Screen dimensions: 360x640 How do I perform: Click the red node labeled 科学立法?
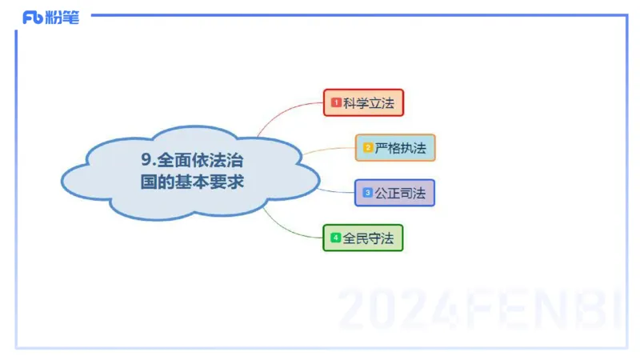pos(364,102)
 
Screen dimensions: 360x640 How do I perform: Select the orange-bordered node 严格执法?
pos(395,147)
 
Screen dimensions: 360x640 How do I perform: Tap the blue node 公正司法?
pos(394,193)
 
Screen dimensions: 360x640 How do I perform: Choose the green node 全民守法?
pos(363,238)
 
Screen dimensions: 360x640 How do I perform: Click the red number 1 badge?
pos(336,102)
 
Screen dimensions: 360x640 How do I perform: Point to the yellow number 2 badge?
pos(368,147)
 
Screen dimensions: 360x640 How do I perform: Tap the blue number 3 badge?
pos(367,193)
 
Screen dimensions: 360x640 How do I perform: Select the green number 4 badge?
pos(336,238)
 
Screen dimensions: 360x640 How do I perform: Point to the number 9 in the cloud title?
pos(146,159)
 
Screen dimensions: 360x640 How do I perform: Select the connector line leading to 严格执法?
pos(328,150)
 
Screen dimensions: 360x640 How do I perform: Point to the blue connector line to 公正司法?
pos(332,190)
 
